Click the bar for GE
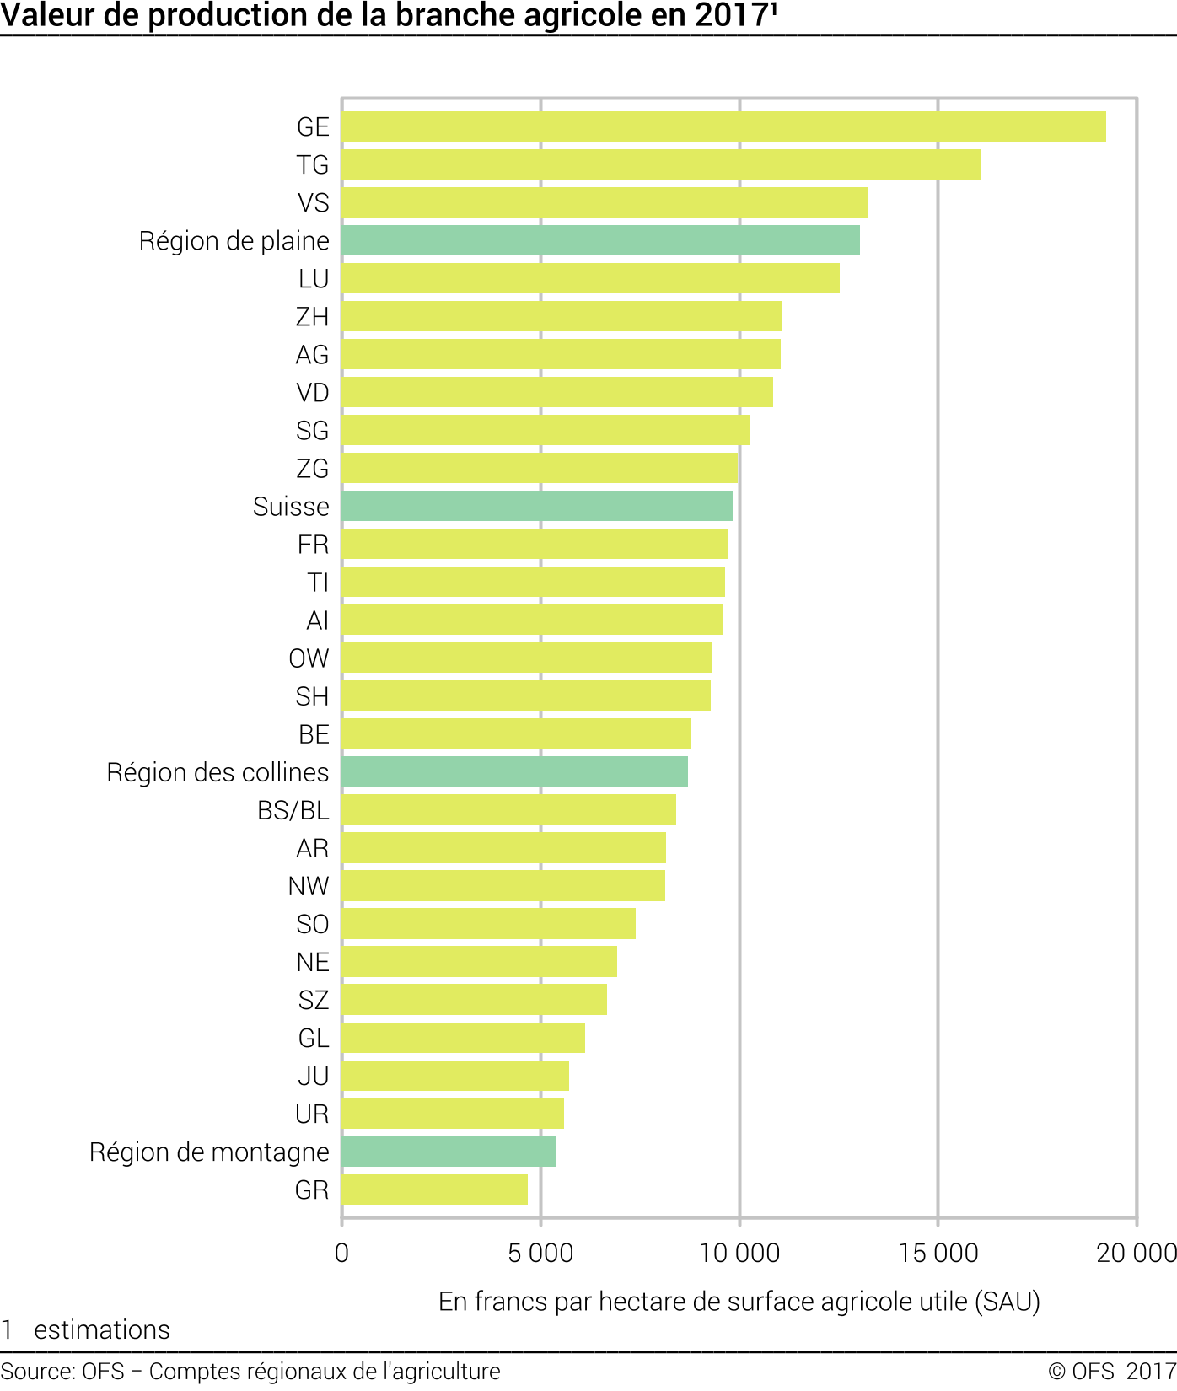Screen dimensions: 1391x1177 (723, 126)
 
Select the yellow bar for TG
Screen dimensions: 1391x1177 (661, 164)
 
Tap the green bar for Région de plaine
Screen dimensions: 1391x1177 (600, 240)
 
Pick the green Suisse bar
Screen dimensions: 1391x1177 (537, 506)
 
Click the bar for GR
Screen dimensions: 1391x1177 (434, 1190)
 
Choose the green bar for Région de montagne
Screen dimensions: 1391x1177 (449, 1152)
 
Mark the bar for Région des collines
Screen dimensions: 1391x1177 (514, 772)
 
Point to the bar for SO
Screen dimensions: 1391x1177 (488, 924)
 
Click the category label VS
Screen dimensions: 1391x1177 (313, 203)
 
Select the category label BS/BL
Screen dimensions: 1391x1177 (293, 810)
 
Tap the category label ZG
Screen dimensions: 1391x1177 (312, 469)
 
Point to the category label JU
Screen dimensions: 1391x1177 (313, 1077)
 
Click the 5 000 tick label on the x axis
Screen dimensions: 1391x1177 (540, 1254)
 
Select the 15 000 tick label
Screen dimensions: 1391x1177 (938, 1254)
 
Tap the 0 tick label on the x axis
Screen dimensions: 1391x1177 (341, 1254)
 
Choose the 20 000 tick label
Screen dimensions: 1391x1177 (1136, 1254)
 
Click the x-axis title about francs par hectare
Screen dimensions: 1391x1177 (739, 1302)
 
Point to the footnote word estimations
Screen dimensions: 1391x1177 (102, 1330)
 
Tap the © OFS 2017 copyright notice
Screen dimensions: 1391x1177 (1111, 1372)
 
